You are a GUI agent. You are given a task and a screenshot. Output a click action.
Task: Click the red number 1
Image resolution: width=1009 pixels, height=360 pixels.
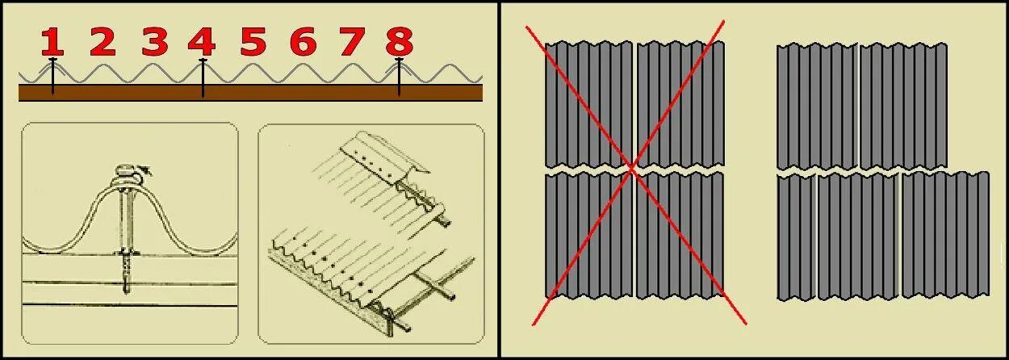click(x=52, y=42)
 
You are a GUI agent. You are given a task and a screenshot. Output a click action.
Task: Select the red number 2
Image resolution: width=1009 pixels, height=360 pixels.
click(x=103, y=42)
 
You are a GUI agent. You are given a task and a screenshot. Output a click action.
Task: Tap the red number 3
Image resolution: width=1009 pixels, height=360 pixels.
click(x=155, y=42)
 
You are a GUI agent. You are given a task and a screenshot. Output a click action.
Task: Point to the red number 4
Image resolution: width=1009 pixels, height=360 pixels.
click(x=202, y=42)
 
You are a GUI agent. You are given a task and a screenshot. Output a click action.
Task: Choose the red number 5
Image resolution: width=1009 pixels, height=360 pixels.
click(x=253, y=42)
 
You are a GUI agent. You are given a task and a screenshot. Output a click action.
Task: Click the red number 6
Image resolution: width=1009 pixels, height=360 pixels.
click(x=303, y=42)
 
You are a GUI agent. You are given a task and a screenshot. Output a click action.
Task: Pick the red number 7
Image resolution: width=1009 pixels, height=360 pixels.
click(x=352, y=42)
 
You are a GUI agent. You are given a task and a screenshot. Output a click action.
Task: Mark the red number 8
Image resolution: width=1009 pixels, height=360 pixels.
click(x=400, y=42)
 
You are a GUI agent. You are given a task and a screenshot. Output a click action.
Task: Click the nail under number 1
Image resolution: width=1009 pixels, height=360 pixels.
click(x=52, y=76)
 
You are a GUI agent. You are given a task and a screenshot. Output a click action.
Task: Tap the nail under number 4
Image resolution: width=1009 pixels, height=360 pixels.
click(x=203, y=77)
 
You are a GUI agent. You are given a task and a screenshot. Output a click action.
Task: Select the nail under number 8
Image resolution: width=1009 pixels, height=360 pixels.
click(x=399, y=77)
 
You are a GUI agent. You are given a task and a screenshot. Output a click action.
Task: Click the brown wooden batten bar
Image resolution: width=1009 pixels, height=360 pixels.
click(x=250, y=93)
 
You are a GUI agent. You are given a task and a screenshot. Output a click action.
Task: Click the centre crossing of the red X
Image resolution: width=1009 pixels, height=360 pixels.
click(x=631, y=168)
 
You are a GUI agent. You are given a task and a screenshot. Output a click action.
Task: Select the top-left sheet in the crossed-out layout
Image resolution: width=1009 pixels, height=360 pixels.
click(x=588, y=105)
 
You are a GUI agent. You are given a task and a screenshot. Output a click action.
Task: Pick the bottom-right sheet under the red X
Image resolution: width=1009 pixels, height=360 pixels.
click(x=680, y=235)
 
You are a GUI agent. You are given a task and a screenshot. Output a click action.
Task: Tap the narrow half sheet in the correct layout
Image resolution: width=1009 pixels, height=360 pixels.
click(x=797, y=237)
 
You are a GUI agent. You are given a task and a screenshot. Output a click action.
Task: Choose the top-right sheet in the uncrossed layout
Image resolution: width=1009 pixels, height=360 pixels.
click(x=903, y=107)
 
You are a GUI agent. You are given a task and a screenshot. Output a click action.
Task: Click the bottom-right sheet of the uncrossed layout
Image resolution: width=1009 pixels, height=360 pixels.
click(x=945, y=235)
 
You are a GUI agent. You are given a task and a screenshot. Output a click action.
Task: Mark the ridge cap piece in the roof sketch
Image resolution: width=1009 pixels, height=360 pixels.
click(x=384, y=153)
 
